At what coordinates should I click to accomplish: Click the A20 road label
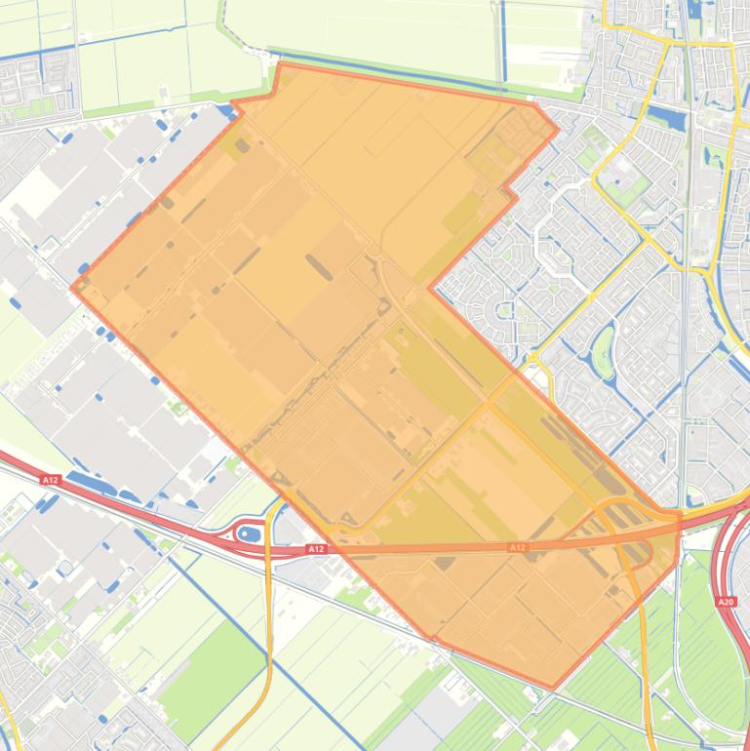point(726,602)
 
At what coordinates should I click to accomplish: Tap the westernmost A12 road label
point(51,479)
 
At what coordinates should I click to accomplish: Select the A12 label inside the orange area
point(517,547)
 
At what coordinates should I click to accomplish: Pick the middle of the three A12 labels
point(315,550)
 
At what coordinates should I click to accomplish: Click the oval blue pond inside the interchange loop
point(249,533)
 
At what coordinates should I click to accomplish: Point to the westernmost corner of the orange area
point(73,288)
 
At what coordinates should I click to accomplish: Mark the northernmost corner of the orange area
point(281,64)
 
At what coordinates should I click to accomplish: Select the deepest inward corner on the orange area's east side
point(430,288)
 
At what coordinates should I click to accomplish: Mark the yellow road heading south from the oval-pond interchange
point(267,624)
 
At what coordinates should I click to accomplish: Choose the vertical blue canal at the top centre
point(503,39)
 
